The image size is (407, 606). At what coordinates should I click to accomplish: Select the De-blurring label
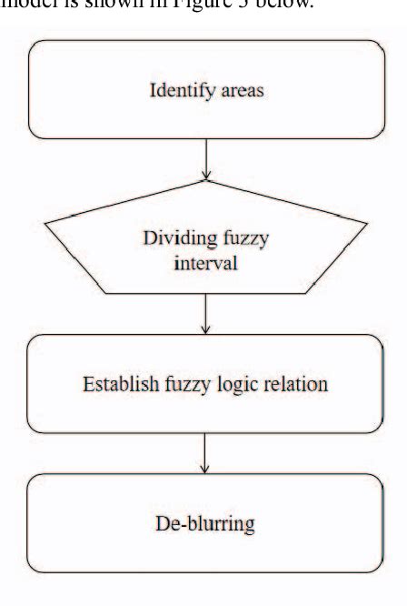click(x=208, y=524)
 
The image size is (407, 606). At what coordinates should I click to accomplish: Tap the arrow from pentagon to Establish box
click(x=208, y=313)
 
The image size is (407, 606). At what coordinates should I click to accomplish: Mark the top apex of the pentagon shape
click(x=208, y=180)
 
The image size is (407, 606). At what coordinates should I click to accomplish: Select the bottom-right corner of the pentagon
click(x=313, y=293)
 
